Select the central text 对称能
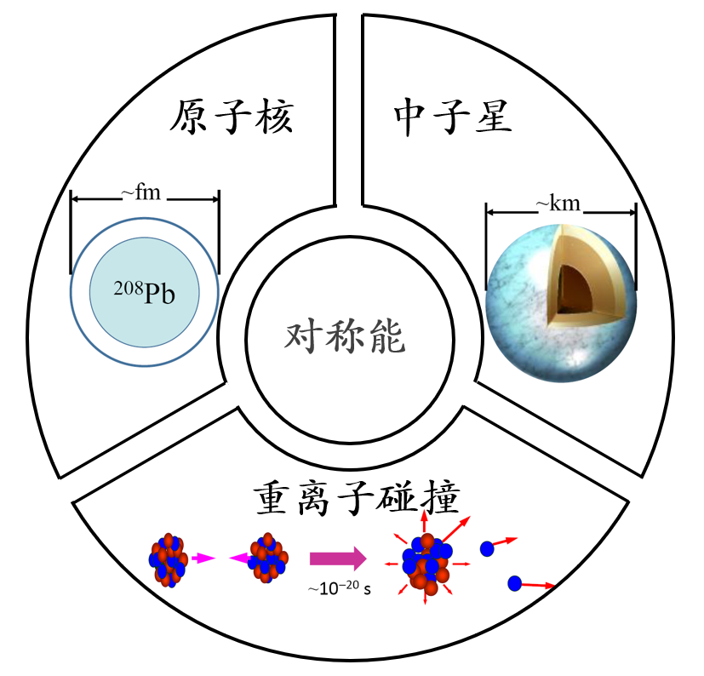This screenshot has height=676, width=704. click(345, 339)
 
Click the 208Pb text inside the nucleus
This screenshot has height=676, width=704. click(145, 292)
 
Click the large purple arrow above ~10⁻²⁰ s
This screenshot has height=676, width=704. click(337, 559)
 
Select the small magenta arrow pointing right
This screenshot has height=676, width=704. click(202, 559)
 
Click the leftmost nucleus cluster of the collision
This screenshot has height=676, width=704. click(168, 560)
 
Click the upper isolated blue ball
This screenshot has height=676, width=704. click(487, 549)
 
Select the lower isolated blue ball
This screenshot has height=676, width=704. click(514, 583)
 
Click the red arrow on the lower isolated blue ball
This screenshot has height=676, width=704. click(539, 585)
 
